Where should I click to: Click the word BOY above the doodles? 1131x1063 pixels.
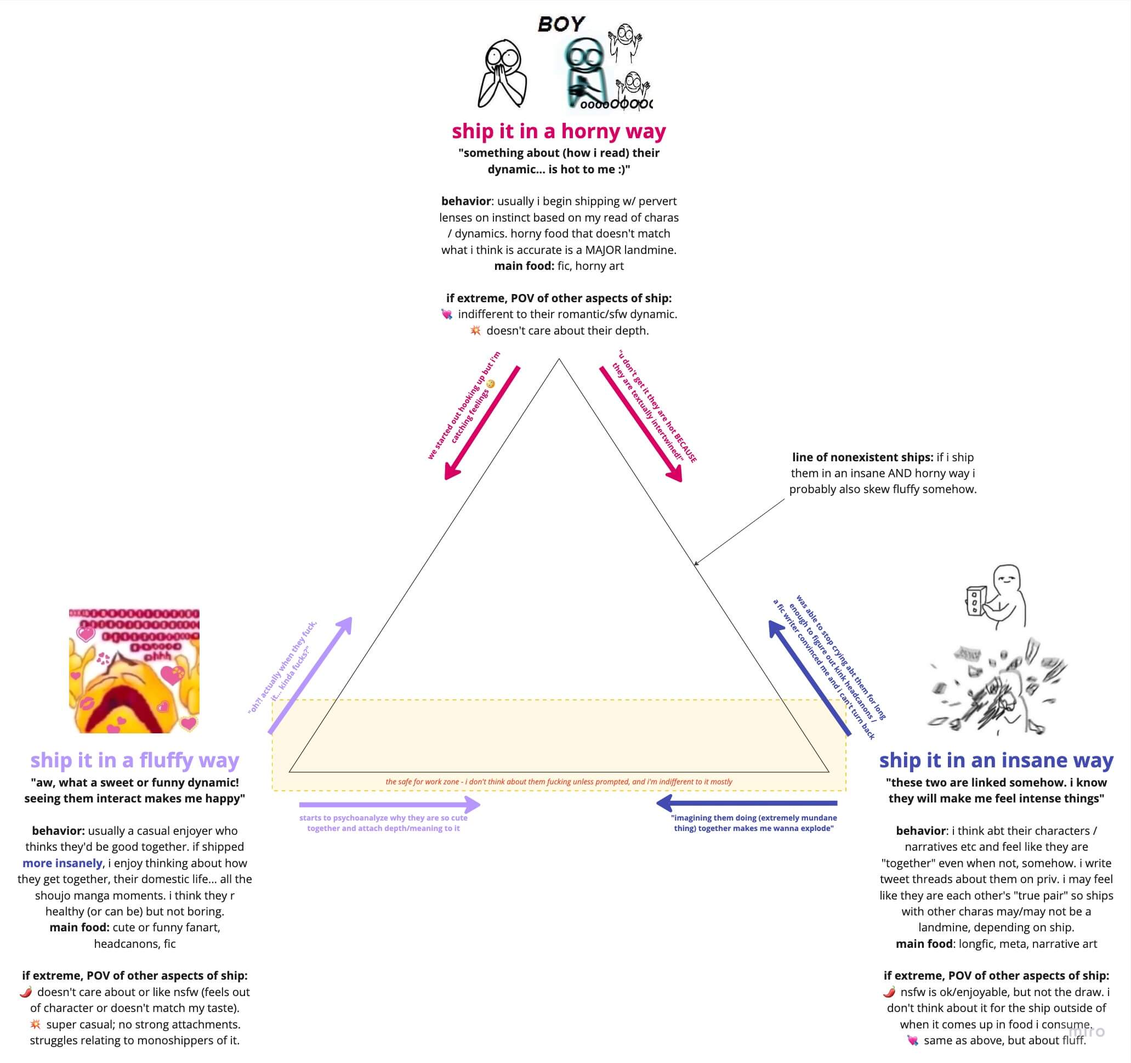[561, 24]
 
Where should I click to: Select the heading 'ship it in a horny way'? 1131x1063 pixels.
[559, 131]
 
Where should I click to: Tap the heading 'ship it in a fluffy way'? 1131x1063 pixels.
[135, 760]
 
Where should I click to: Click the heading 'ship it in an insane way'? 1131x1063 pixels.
[996, 760]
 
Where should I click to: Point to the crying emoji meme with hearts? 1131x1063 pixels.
[134, 670]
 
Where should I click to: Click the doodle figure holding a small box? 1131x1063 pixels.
[997, 596]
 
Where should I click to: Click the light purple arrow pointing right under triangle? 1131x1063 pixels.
[390, 804]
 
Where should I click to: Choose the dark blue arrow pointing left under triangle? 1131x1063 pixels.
[746, 803]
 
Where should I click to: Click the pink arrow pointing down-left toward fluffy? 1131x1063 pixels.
[482, 423]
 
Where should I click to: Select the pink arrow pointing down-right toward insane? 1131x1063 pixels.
[640, 424]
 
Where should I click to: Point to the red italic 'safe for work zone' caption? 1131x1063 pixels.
[559, 781]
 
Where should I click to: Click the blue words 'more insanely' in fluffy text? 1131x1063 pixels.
[62, 863]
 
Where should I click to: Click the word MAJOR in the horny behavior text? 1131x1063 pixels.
[605, 249]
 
